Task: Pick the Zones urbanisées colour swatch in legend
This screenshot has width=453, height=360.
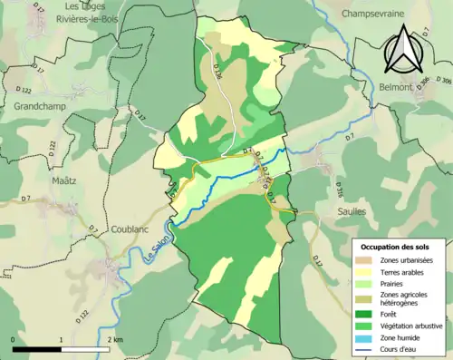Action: (x=368, y=261)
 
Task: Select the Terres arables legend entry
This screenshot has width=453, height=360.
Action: (x=405, y=275)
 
